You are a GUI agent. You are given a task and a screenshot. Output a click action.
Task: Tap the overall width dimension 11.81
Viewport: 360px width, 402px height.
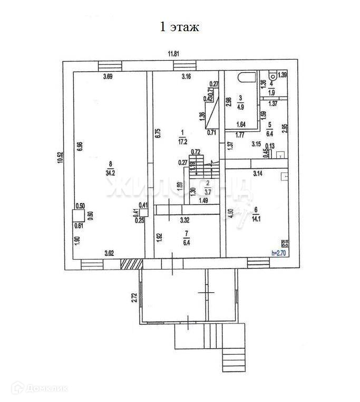[174, 53]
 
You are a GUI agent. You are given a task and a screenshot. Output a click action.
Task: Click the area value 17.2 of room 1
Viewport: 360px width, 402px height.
[182, 142]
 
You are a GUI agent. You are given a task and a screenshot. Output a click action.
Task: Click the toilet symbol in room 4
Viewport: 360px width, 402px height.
[271, 74]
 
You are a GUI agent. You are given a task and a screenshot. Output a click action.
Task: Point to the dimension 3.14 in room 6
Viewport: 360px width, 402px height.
[258, 173]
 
